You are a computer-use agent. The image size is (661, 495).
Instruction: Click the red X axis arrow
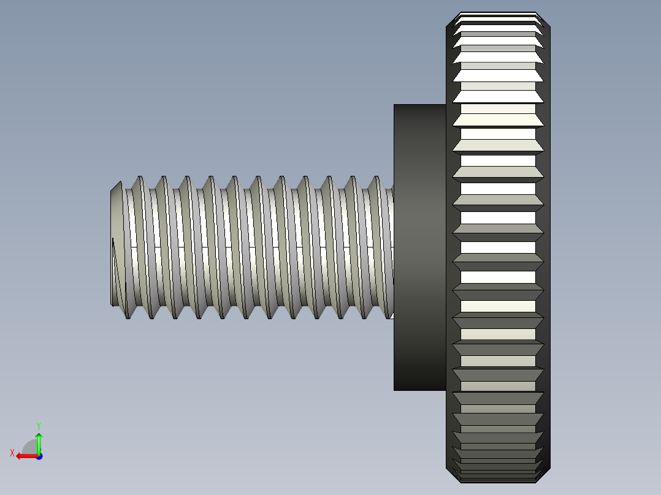point(25,456)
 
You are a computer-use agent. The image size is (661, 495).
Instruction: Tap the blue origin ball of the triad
point(39,456)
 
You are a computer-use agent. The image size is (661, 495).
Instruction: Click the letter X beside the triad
point(12,453)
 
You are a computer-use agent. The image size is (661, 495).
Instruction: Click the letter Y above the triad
point(38,425)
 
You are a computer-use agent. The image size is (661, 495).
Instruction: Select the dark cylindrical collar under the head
point(419,245)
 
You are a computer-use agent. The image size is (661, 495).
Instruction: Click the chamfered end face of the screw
point(117,245)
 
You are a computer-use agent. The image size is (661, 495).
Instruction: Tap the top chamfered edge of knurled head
point(498,14)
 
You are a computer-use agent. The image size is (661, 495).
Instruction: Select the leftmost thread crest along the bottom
point(128,316)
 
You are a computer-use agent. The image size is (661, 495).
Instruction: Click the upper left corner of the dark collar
point(395,105)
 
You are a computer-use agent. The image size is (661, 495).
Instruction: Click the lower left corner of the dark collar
point(395,389)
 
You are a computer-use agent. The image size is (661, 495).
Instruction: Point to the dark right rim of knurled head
point(547,245)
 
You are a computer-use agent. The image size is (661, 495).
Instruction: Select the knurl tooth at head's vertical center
point(498,247)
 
